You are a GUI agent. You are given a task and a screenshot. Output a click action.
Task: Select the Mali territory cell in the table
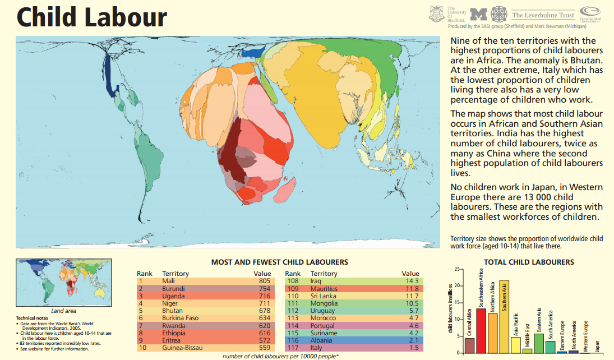tap(169, 281)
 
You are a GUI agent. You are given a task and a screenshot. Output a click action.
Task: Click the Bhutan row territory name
tap(173, 311)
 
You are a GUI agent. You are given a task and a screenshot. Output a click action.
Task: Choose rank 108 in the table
tap(293, 281)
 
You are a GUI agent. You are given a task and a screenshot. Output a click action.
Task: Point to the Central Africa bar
tap(470, 345)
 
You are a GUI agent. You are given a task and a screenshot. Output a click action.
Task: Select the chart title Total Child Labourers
tap(529, 262)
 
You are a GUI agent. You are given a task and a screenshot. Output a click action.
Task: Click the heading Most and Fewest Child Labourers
tap(279, 262)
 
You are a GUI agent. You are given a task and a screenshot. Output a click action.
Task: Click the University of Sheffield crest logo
tap(436, 13)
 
